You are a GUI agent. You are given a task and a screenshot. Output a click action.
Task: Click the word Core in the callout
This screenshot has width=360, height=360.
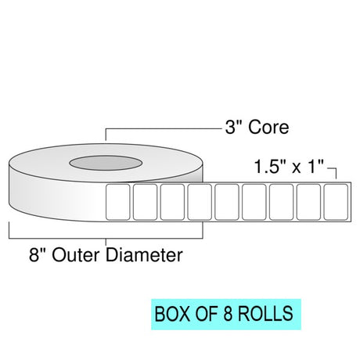(268, 128)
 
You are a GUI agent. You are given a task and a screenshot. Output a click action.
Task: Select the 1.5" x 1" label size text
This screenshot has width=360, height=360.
(289, 167)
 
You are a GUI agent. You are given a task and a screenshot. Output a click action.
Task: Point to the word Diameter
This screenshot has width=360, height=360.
(144, 255)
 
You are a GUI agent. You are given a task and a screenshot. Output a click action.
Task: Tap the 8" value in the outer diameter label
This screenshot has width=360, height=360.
(37, 255)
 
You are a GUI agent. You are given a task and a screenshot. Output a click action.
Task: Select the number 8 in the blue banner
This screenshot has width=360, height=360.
(228, 314)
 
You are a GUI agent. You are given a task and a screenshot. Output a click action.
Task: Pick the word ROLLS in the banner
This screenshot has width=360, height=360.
(265, 314)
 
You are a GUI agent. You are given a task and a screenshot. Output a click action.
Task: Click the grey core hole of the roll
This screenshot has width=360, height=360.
(106, 163)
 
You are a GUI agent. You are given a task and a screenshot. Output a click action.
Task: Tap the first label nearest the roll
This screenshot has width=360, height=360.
(117, 202)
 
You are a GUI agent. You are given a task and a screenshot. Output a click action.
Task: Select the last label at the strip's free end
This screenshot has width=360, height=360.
(336, 202)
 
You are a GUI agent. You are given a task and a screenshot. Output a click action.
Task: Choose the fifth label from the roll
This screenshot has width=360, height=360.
(227, 202)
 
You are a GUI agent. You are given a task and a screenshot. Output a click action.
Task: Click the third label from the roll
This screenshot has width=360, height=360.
(172, 202)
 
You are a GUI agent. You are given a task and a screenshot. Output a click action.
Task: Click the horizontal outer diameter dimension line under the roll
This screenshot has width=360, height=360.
(106, 239)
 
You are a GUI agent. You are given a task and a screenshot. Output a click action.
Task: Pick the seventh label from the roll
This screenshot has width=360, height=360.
(282, 202)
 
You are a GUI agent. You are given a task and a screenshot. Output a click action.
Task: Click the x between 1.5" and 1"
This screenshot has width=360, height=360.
(297, 168)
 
